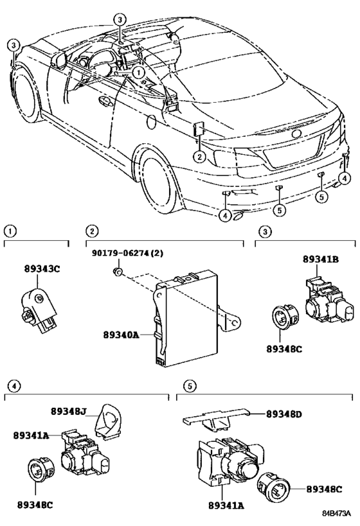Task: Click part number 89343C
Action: [x=42, y=268]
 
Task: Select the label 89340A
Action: [x=121, y=335]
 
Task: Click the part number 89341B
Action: [x=321, y=259]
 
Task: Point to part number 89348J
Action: [x=69, y=411]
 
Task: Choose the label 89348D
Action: [x=284, y=414]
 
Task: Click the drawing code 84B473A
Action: [x=337, y=514]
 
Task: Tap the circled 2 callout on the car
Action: [x=199, y=157]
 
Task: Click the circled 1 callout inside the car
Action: [x=138, y=71]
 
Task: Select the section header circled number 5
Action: [x=190, y=386]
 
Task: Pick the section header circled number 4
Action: [x=14, y=386]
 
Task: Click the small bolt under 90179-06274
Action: [x=118, y=272]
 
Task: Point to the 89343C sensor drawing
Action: [x=39, y=310]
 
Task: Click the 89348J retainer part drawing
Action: [x=109, y=421]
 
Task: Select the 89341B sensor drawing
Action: [x=329, y=300]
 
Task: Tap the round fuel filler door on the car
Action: [x=152, y=123]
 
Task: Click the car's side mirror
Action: [x=59, y=60]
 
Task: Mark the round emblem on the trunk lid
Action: [x=297, y=134]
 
